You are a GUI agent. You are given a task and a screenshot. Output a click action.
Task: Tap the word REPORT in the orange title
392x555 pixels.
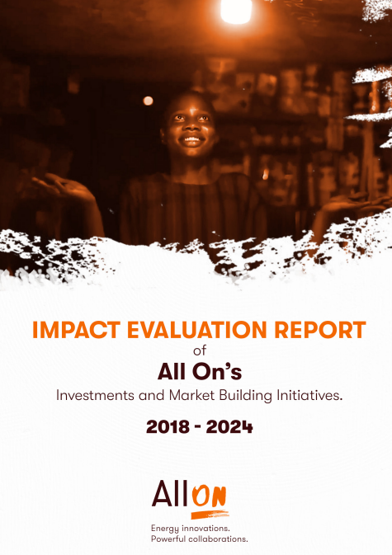tap(320, 330)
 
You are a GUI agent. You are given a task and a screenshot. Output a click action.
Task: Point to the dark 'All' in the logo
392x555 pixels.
tap(170, 493)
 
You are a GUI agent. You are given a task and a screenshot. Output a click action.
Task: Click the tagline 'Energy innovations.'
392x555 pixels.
tap(190, 528)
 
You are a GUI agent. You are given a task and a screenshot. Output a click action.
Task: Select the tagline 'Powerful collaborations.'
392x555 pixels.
tap(199, 539)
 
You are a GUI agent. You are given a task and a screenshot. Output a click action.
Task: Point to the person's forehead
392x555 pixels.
tap(189, 105)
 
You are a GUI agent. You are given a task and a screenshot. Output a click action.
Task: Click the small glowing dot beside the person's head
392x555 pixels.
tap(148, 101)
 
